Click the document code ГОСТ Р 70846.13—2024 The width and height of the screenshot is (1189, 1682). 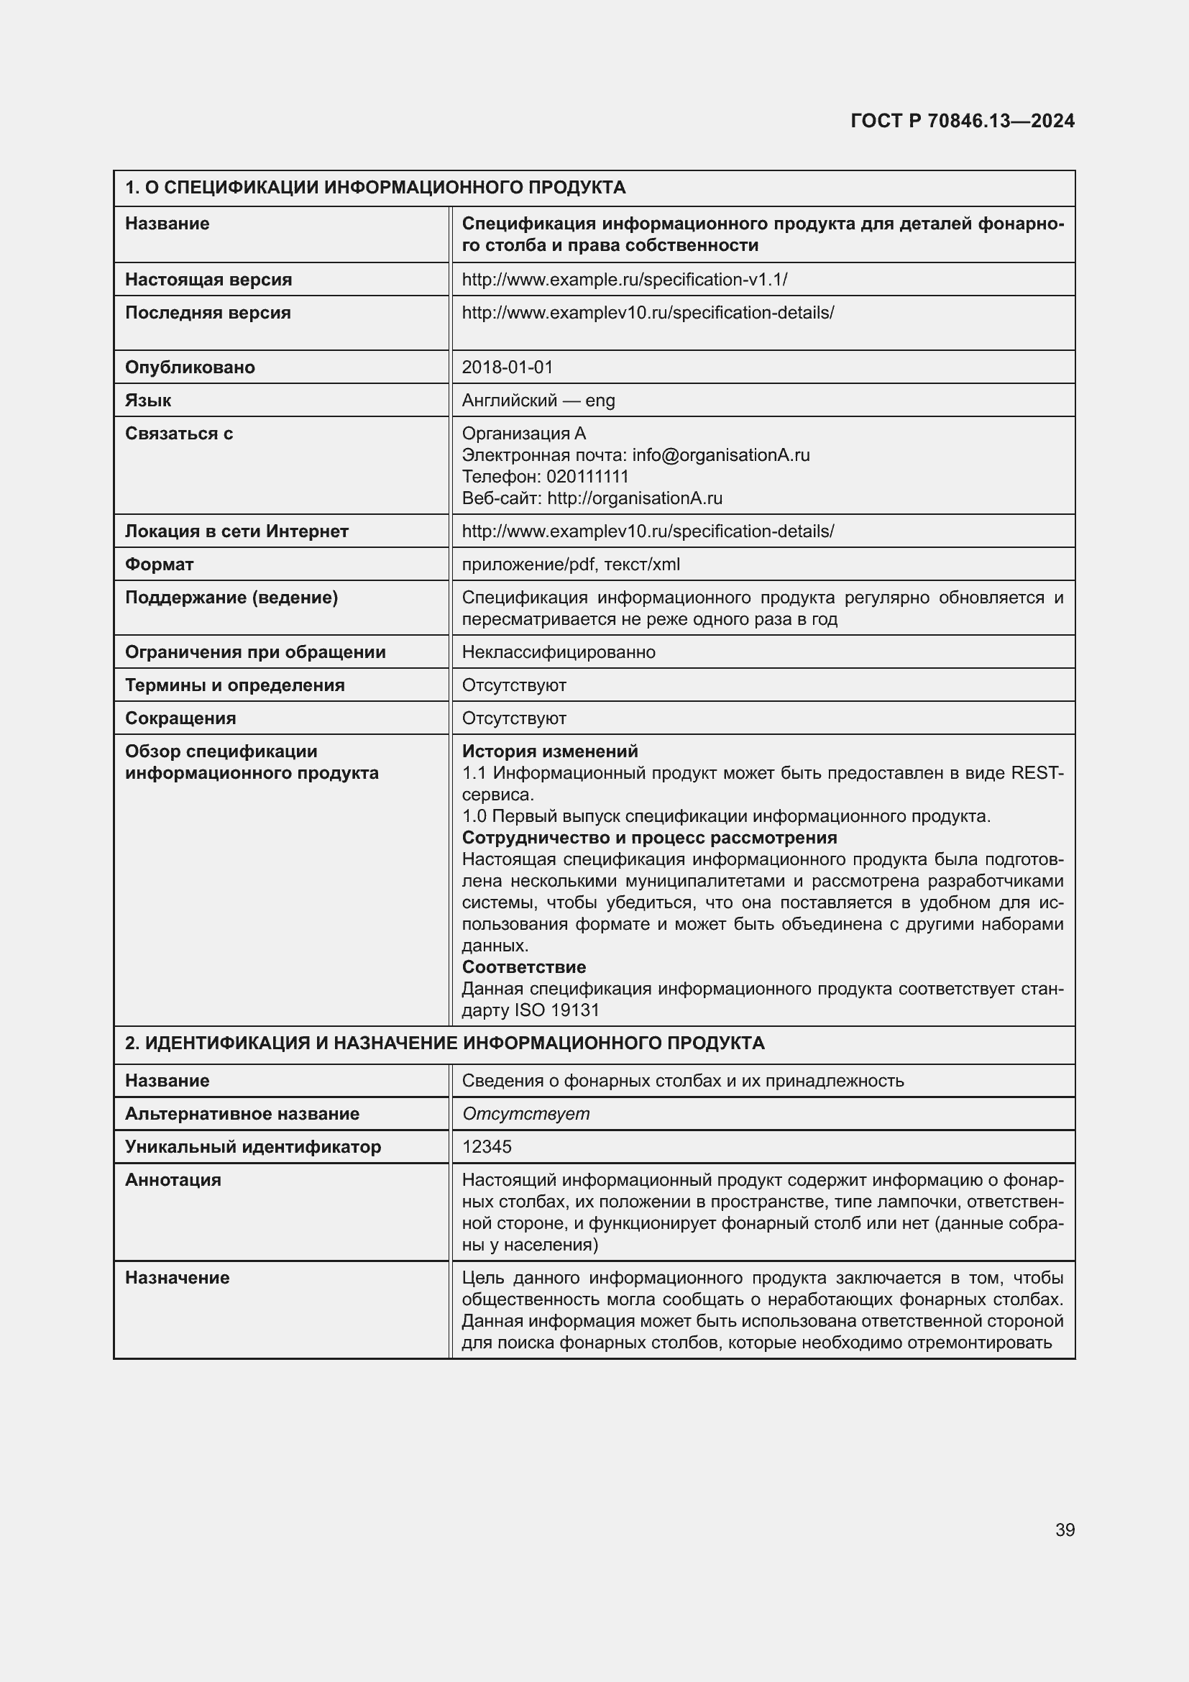[x=962, y=121]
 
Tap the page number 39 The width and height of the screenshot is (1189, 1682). [x=1065, y=1530]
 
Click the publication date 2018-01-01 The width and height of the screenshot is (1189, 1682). [x=508, y=367]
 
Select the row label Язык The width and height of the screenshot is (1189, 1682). [x=148, y=400]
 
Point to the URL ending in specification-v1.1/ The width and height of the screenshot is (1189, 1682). [x=625, y=279]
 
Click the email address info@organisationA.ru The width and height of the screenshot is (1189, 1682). [x=720, y=455]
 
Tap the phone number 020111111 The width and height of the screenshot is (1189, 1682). [x=587, y=476]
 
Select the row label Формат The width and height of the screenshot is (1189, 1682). [x=159, y=564]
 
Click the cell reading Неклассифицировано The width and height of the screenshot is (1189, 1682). [x=559, y=652]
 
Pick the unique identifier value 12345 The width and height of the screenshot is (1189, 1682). [x=487, y=1146]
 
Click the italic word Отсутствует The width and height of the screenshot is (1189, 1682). [x=525, y=1113]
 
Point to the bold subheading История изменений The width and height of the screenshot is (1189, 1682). [x=550, y=751]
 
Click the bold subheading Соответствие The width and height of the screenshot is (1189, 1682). [x=523, y=966]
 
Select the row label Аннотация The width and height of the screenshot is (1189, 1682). [x=173, y=1179]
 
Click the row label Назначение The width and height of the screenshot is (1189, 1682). [x=177, y=1278]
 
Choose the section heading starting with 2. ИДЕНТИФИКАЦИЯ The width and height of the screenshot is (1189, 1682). [x=444, y=1043]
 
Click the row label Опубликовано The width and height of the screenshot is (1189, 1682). [x=190, y=367]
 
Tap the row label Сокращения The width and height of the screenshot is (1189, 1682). [x=180, y=718]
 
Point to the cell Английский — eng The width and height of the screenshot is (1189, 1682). [x=538, y=400]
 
